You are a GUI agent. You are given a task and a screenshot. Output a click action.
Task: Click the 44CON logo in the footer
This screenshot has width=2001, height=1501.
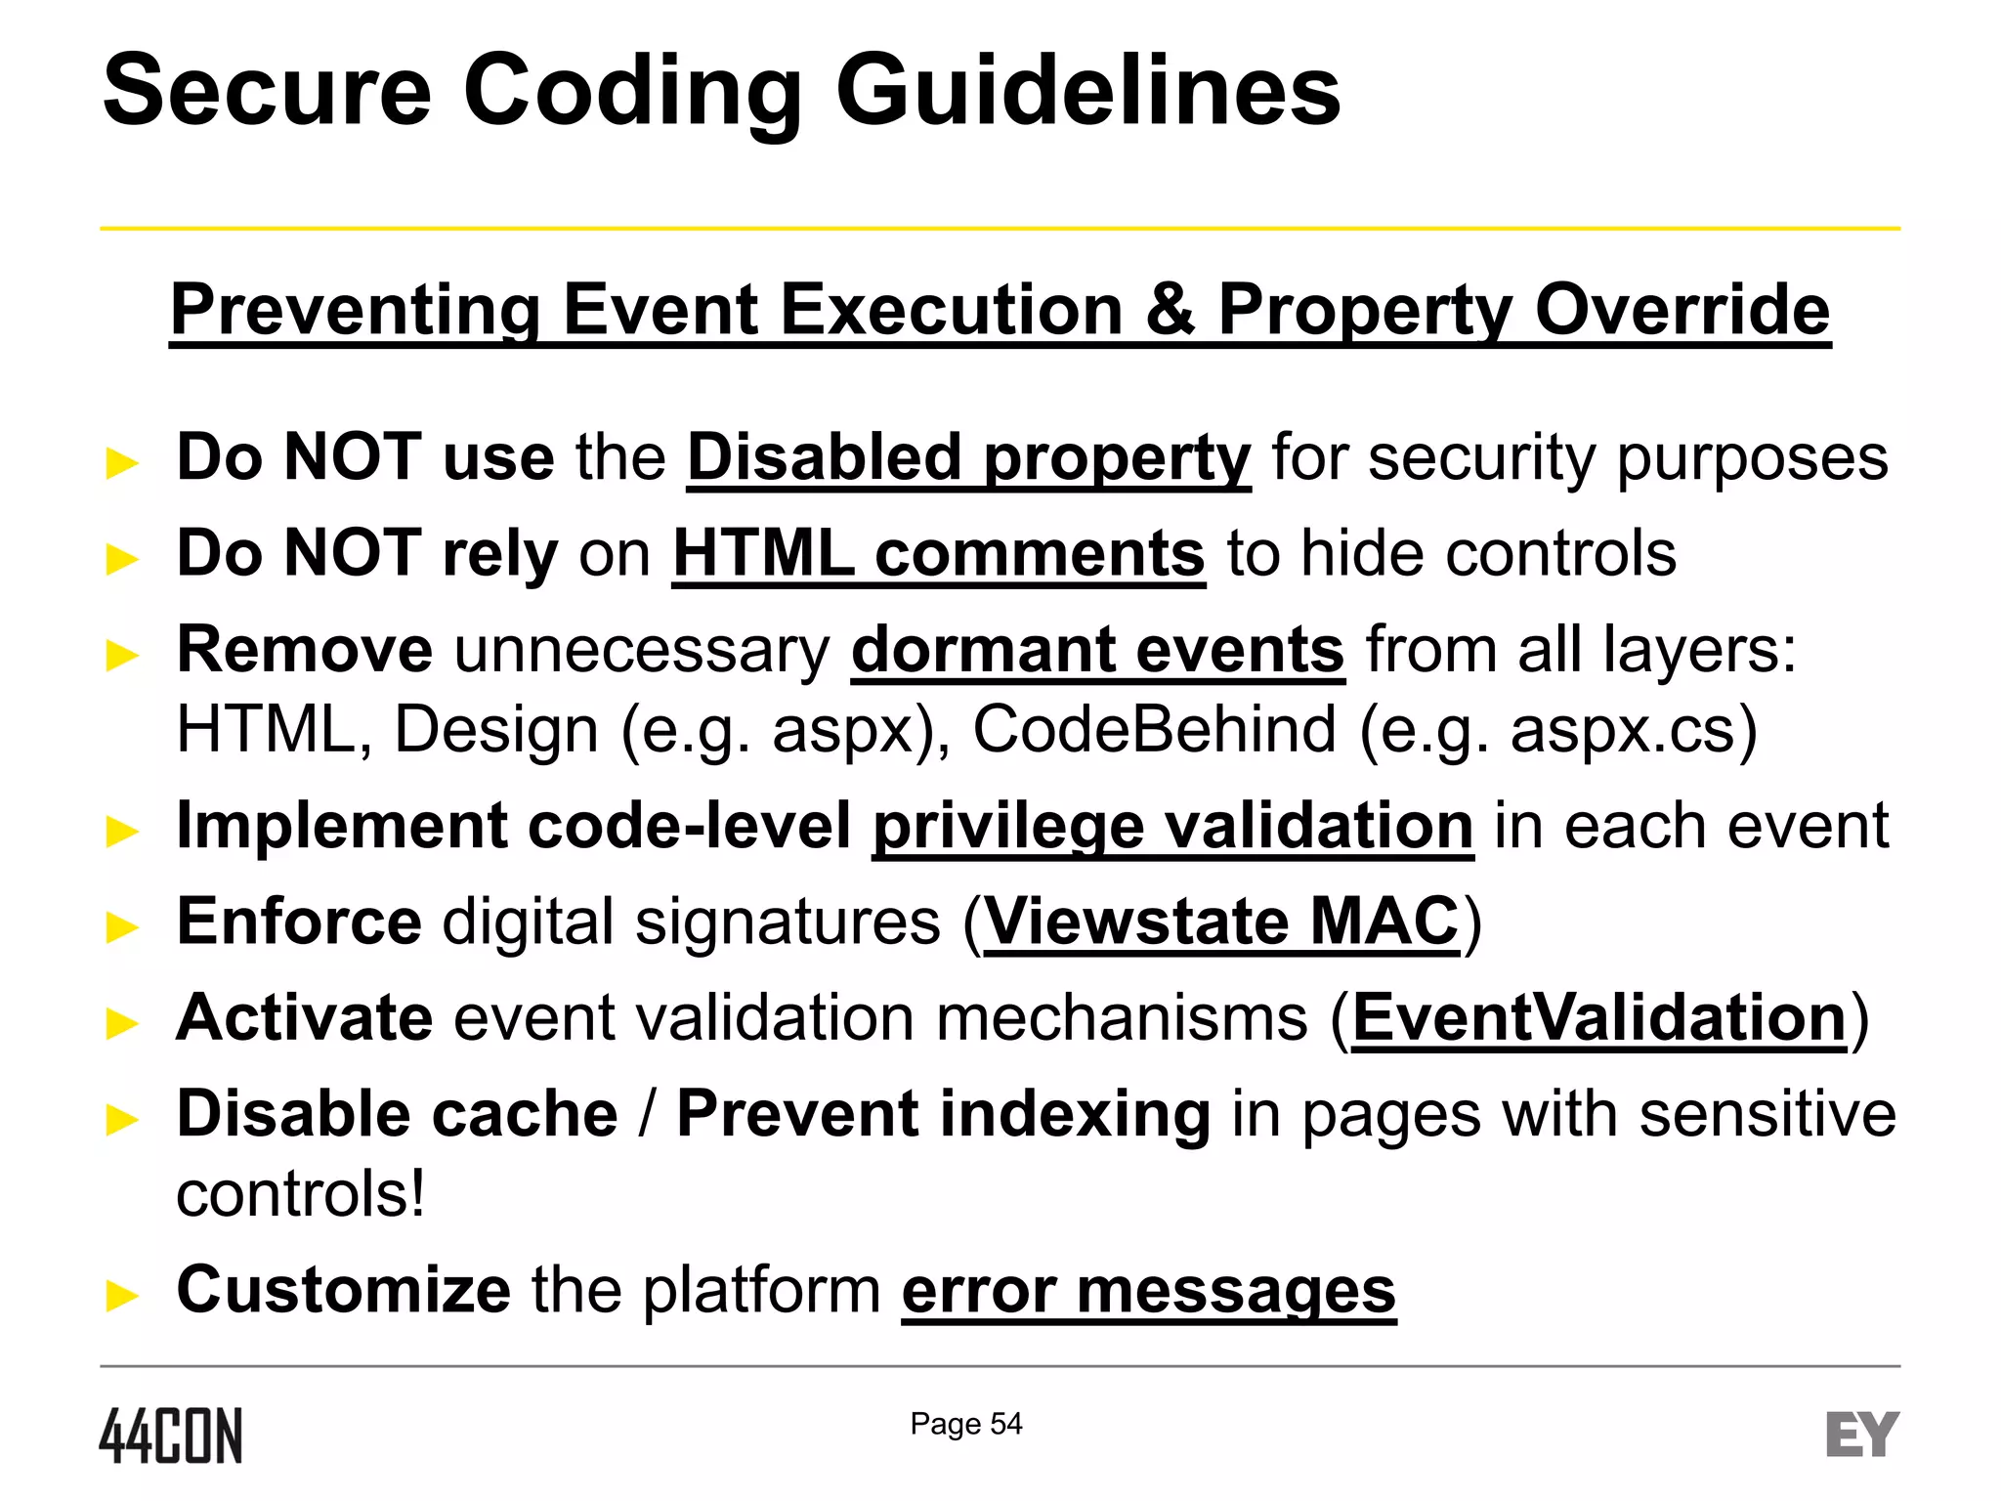point(171,1436)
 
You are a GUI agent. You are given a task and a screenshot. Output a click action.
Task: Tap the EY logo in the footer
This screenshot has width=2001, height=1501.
point(1862,1435)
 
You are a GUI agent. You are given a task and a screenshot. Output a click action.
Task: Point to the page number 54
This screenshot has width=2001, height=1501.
point(1006,1424)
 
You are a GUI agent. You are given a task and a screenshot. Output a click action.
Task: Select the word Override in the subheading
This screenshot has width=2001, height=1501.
point(1682,310)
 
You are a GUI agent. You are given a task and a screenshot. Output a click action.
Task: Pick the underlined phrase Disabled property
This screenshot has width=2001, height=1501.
point(968,457)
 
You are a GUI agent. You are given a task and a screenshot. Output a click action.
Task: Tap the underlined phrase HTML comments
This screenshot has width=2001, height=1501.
point(939,554)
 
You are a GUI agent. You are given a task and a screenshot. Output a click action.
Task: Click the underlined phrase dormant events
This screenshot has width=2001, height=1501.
point(1098,650)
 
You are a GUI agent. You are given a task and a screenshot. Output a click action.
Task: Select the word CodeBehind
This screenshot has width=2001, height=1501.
point(1154,730)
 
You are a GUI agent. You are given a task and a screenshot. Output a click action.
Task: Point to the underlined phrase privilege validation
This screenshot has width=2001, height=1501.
point(1172,827)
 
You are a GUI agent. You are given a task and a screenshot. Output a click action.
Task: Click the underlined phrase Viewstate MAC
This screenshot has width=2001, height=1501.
point(1221,922)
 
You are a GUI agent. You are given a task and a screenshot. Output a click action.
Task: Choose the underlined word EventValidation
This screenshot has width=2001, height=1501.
point(1599,1018)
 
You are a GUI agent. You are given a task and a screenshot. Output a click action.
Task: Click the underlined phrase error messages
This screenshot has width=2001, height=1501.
point(1149,1290)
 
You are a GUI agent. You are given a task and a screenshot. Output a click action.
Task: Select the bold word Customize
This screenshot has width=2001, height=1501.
point(343,1290)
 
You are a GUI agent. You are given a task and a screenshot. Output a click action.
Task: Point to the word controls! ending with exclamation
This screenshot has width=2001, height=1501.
point(301,1194)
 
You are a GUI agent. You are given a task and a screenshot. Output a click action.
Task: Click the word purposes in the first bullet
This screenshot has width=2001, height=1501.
point(1753,457)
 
